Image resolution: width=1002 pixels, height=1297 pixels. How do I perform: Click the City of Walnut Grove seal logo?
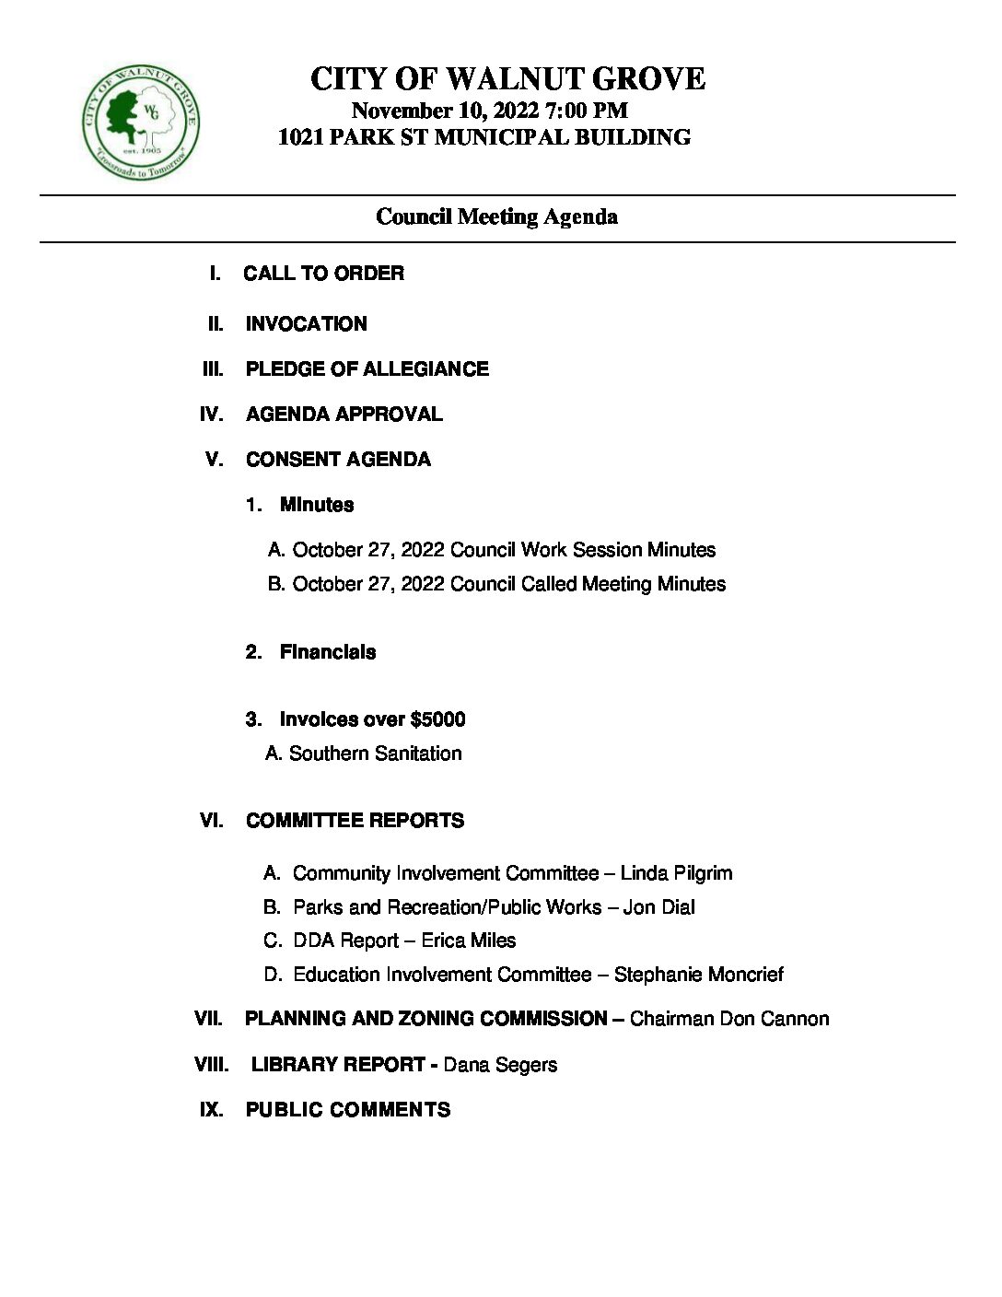click(140, 123)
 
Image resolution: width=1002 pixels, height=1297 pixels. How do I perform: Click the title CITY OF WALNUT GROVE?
click(507, 79)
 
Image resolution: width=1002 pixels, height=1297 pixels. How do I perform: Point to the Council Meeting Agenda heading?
click(496, 216)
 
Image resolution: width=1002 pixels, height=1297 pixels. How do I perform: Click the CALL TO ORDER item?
click(323, 274)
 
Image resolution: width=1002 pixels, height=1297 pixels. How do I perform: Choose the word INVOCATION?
click(306, 324)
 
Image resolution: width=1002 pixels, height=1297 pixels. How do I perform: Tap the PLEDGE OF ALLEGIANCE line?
click(367, 369)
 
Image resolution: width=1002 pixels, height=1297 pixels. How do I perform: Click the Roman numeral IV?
click(211, 415)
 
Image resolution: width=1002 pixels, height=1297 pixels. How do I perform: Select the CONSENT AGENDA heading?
click(338, 460)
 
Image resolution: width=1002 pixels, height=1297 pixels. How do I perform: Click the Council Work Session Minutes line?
click(503, 550)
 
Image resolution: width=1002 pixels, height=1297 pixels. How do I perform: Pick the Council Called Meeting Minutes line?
click(508, 584)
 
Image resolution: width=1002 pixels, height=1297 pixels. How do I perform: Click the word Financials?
click(328, 652)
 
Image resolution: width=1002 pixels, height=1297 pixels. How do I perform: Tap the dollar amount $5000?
click(437, 719)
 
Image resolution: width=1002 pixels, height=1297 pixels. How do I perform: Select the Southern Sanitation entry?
click(375, 754)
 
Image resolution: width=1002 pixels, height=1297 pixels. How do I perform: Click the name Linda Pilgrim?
click(676, 873)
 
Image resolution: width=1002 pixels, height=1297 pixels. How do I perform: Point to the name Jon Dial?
click(658, 907)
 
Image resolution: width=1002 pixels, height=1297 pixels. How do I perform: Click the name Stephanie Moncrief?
click(698, 975)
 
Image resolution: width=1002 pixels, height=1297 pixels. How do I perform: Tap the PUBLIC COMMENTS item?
click(347, 1110)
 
